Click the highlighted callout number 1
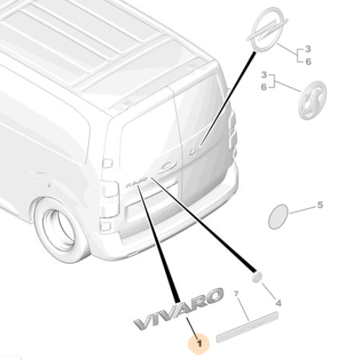pos(199,344)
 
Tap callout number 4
pos(278,303)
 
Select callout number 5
pos(320,205)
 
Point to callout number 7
pos(236,293)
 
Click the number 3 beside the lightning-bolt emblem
pos(308,49)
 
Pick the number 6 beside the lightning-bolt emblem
pos(308,62)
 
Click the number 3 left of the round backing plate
pos(264,75)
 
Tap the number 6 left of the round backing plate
pos(264,87)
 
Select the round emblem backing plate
pos(312,100)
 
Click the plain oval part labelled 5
pos(278,217)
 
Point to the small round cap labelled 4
pos(257,277)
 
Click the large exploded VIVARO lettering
pos(179,309)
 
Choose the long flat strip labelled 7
pos(248,327)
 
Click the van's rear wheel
pos(60,228)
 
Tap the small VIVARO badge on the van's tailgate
pos(136,182)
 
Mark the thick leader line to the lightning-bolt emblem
pos(228,99)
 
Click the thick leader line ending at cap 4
pos(203,225)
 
